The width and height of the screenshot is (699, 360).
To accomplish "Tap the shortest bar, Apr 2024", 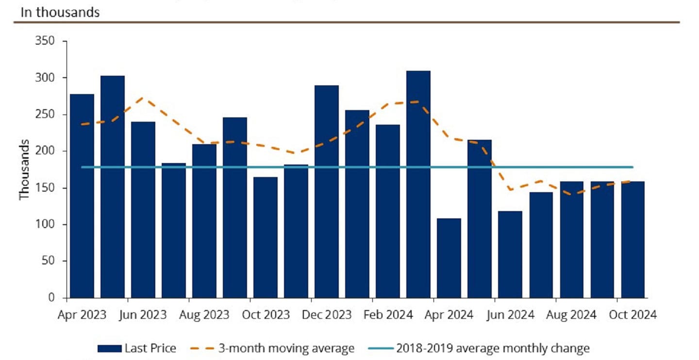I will click(449, 258).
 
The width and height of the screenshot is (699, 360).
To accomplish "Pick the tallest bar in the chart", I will click(418, 184).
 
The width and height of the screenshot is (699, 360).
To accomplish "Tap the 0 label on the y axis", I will click(51, 298).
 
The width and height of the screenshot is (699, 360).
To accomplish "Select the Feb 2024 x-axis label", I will click(388, 315).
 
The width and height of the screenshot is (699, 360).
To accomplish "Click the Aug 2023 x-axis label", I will click(204, 315).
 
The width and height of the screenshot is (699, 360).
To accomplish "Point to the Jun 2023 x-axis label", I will click(143, 315).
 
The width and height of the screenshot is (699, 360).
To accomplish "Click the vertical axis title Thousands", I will click(24, 169).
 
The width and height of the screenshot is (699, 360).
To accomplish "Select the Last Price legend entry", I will click(150, 348).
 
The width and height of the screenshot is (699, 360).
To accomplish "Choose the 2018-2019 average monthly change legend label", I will click(493, 348).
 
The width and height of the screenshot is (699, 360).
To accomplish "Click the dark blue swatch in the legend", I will click(109, 348).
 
